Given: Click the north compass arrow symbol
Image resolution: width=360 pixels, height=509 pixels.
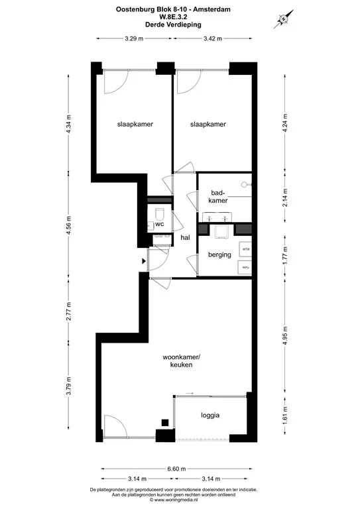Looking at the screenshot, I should coord(284,19).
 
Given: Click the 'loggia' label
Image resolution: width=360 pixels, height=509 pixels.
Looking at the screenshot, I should coord(210,416).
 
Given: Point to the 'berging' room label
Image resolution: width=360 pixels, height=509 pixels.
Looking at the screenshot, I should coord(219,254).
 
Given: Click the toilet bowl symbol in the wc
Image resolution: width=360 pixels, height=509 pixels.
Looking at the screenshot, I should coord(160,213).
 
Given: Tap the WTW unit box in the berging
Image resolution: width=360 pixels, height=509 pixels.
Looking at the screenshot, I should coord(245,249).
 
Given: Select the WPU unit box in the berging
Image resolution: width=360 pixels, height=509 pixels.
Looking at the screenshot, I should coord(245,268).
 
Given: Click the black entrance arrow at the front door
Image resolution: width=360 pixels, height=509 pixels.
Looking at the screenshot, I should coord(143,260).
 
